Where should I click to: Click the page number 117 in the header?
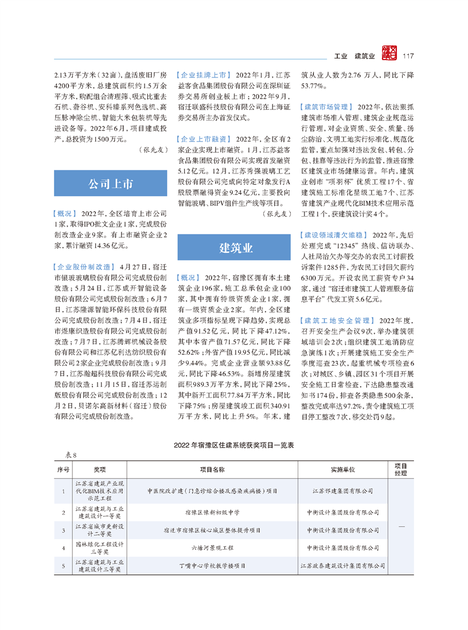point(408,56)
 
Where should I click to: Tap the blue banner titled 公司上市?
point(110,184)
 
